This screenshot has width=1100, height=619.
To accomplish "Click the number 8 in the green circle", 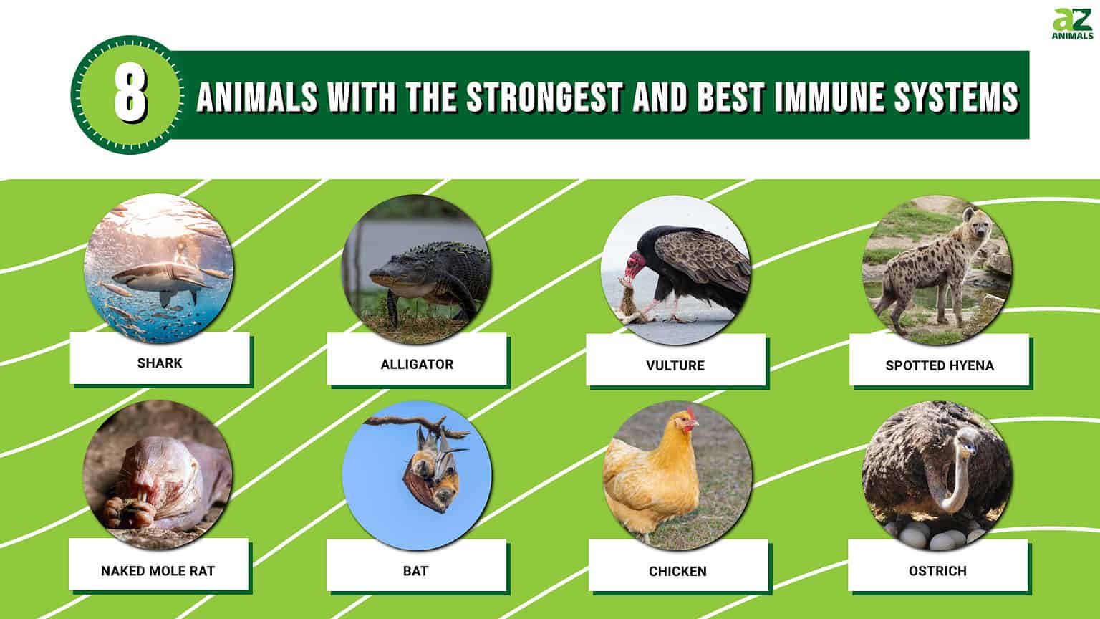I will pos(130,95).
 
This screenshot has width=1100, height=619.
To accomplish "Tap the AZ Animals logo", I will pos(1072,24).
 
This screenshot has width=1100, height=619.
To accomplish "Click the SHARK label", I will pos(160,363).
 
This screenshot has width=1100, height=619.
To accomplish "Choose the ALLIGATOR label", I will pos(417,364).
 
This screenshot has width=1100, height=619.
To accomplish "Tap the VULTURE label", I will pos(675,365).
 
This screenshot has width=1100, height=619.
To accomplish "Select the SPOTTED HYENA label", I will pos(940,365).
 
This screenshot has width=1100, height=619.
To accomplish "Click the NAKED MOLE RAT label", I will pos(158,571).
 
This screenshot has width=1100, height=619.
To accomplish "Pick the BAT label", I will pos(415,571).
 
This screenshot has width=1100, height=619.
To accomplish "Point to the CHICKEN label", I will pos(677,572).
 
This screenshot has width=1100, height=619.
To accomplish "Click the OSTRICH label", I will pos(937,571).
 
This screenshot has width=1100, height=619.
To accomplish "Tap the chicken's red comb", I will pos(690,415).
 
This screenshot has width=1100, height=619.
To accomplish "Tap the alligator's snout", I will pos(380,275).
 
